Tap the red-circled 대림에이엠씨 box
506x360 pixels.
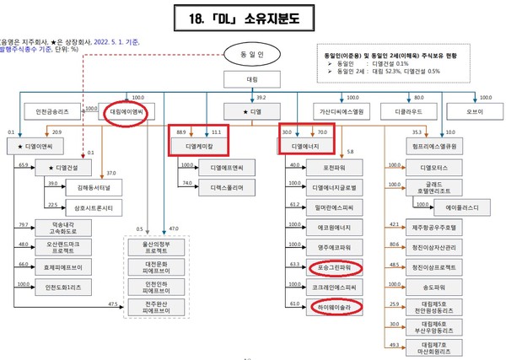click(x=126, y=110)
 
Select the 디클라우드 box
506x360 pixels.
click(x=406, y=110)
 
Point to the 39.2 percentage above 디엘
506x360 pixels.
click(x=261, y=97)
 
